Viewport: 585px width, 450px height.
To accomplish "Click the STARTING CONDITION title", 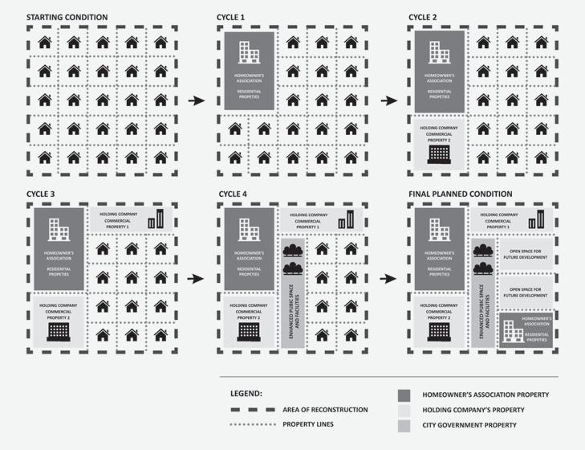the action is (x=67, y=17).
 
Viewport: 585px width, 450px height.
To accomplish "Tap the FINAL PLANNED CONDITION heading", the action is (x=460, y=194).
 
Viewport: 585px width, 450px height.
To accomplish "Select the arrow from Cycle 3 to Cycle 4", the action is (x=195, y=278).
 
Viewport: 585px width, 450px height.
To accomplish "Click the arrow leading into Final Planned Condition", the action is (x=389, y=278).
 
